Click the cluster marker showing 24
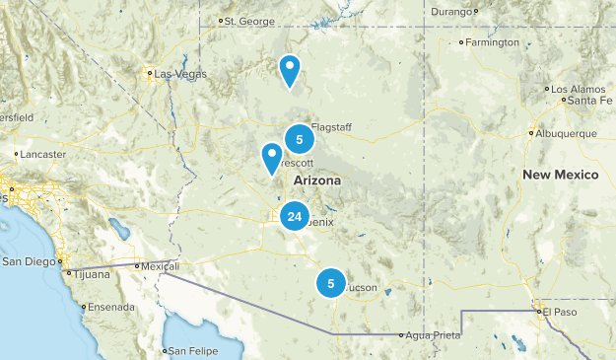coord(294,216)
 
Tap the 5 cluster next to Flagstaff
coord(299,140)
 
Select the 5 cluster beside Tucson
coord(331,284)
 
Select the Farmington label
coord(493,42)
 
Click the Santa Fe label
coord(589,100)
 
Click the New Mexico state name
coord(560,175)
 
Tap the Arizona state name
coord(317,182)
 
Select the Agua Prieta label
coord(435,335)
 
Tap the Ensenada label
coord(110,307)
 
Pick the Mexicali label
coord(158,266)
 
